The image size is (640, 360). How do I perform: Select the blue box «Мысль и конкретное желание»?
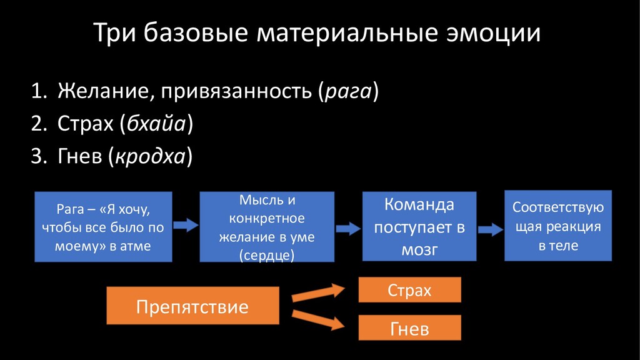pos(267,226)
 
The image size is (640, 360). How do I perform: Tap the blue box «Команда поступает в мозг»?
pos(419,226)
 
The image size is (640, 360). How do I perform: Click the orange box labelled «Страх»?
pos(409,290)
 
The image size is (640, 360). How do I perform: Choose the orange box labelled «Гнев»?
pos(409,328)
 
